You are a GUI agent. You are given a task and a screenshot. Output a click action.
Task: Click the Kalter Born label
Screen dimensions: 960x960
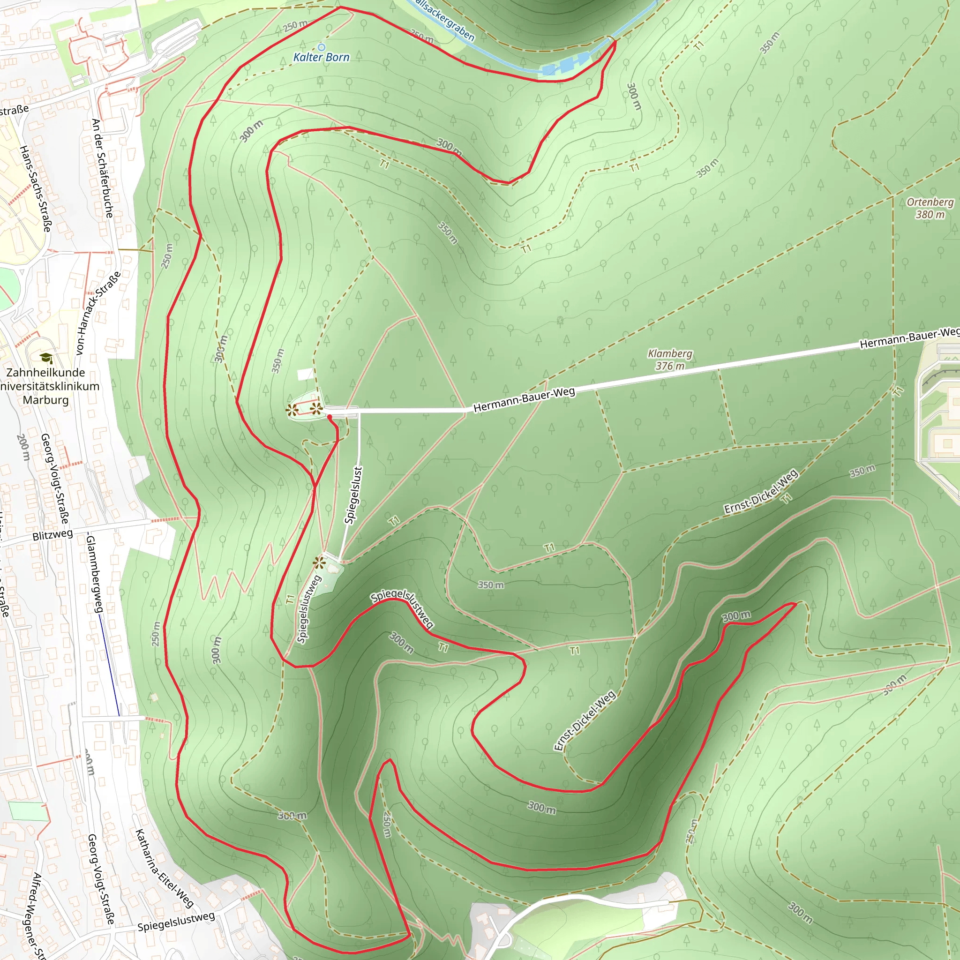point(321,57)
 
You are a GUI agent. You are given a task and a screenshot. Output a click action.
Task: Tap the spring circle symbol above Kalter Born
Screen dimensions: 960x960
point(321,47)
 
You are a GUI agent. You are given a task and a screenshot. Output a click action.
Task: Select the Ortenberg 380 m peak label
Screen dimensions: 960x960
point(930,208)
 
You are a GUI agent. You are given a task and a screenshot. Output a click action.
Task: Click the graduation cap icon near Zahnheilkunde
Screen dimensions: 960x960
point(46,358)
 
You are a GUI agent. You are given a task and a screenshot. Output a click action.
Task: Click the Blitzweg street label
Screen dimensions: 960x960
point(52,535)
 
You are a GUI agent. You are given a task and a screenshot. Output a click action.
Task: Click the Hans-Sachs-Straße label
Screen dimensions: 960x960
point(35,188)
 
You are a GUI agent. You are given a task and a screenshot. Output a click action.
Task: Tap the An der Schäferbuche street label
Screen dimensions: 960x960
point(103,168)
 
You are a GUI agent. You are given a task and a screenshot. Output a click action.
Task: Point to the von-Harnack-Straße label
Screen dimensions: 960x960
point(98,313)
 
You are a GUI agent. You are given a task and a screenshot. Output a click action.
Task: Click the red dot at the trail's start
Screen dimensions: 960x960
point(330,417)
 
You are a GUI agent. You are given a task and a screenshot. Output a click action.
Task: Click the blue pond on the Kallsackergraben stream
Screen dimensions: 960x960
point(566,65)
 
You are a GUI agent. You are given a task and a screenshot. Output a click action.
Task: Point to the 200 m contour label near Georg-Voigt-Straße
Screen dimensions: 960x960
point(23,447)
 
